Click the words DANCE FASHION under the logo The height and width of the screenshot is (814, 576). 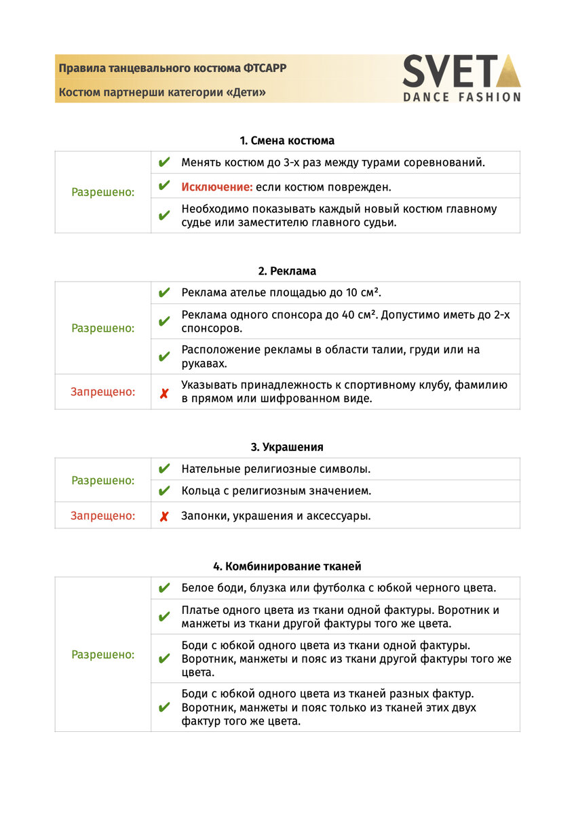[x=462, y=97]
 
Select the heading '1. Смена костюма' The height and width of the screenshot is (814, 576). [x=287, y=141]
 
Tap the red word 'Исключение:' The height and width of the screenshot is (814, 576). [x=217, y=187]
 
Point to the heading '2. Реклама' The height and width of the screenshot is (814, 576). [x=287, y=271]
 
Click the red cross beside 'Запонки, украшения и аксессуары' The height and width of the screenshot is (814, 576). [x=164, y=516]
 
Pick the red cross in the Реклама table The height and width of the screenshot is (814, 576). [x=164, y=393]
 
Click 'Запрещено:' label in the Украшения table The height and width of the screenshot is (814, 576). [x=102, y=516]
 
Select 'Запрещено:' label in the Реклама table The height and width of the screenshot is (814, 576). [x=102, y=392]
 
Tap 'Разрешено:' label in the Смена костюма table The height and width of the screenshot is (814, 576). [x=103, y=193]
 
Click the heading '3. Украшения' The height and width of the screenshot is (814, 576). [x=287, y=448]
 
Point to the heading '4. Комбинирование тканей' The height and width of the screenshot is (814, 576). [x=287, y=566]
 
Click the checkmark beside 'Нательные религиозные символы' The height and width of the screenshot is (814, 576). [x=164, y=469]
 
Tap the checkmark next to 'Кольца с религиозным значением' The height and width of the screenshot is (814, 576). [x=164, y=491]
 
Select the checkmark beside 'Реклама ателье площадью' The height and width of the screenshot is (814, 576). [x=164, y=293]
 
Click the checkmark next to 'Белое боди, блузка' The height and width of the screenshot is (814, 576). [x=164, y=588]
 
